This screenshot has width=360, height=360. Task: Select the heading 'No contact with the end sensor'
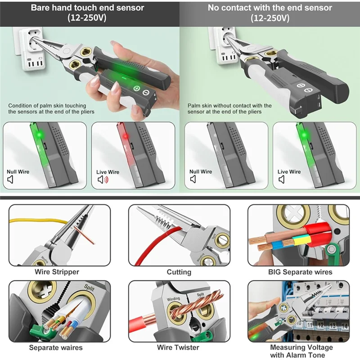point(270,8)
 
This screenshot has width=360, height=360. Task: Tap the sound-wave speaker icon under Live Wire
point(103,180)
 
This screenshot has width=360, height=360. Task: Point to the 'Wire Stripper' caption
point(57,272)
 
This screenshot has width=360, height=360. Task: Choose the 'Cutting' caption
point(179,272)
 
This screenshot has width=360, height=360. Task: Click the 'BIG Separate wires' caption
point(300,272)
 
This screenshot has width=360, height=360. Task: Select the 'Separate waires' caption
point(56,347)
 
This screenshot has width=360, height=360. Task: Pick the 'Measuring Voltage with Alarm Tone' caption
point(301,351)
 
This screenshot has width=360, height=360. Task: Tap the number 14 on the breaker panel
point(343,324)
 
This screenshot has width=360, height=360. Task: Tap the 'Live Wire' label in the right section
point(289,172)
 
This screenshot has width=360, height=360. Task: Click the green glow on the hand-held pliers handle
point(124,72)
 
